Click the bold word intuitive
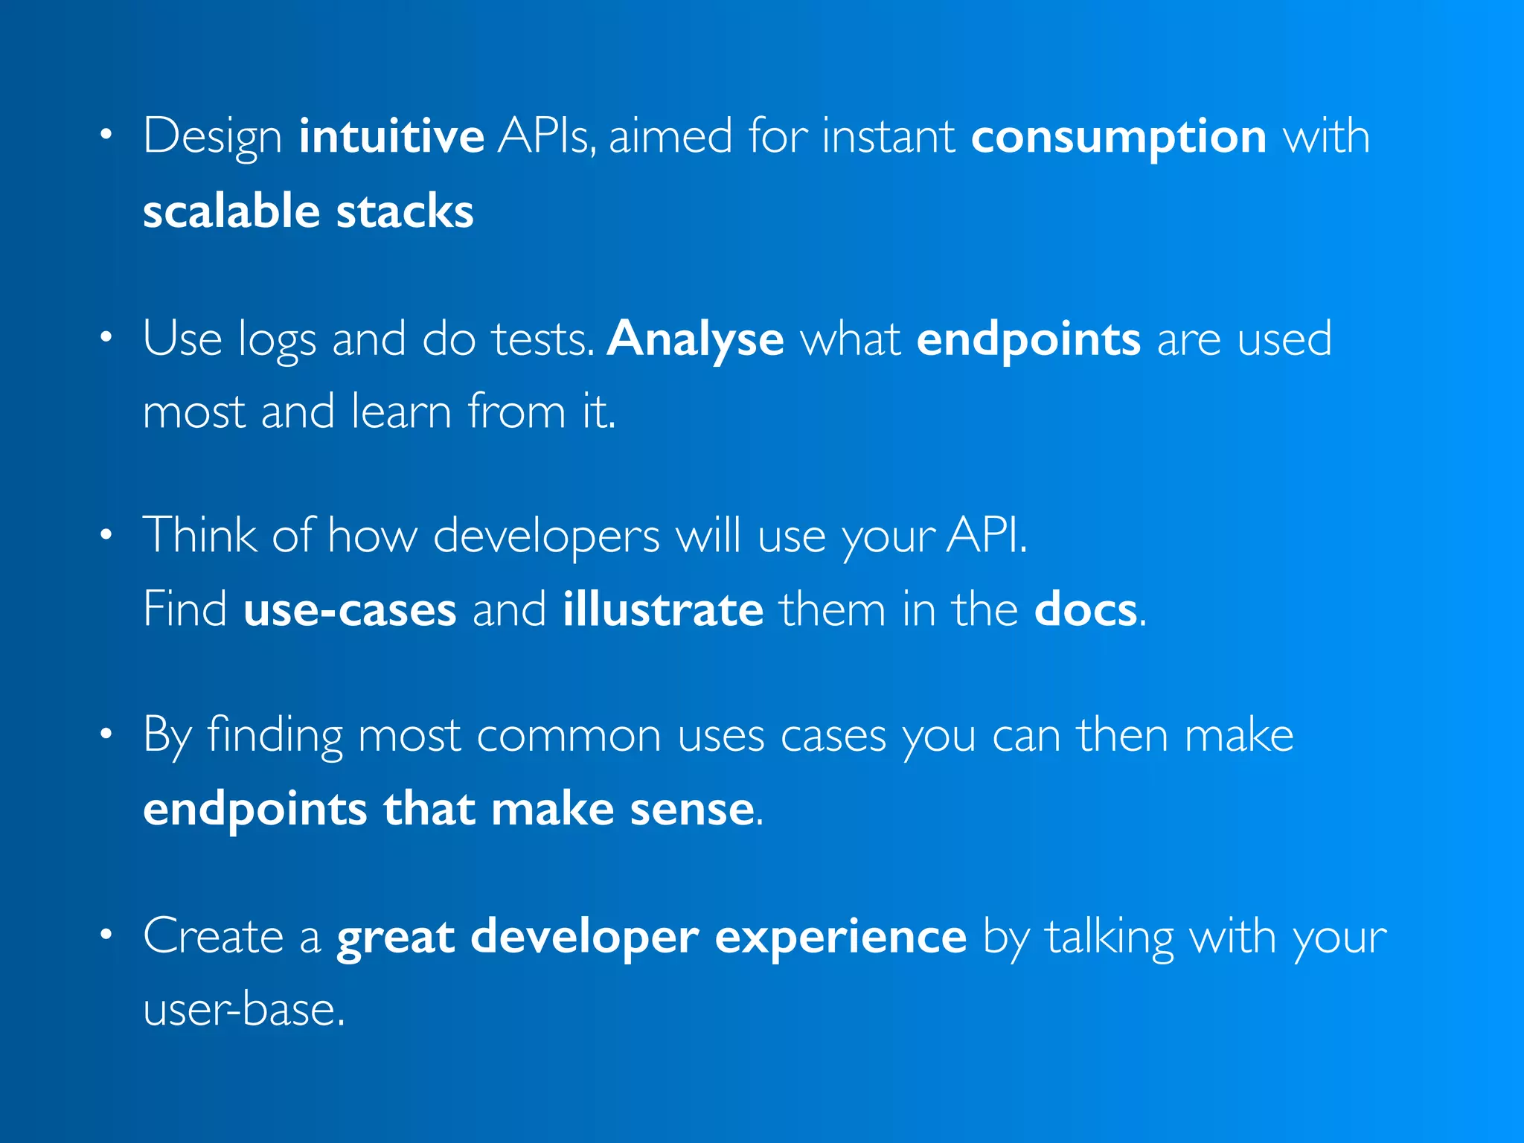pyautogui.click(x=391, y=136)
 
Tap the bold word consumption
pyautogui.click(x=1118, y=138)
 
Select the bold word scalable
pyautogui.click(x=231, y=211)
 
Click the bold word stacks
pyautogui.click(x=405, y=211)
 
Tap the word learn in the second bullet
pyautogui.click(x=401, y=412)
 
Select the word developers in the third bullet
pyautogui.click(x=545, y=536)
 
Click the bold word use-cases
pyautogui.click(x=350, y=609)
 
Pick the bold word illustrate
pyautogui.click(x=663, y=609)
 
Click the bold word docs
pyautogui.click(x=1086, y=609)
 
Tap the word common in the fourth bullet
pyautogui.click(x=569, y=736)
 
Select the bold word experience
pyautogui.click(x=840, y=937)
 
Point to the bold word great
pyautogui.click(x=395, y=937)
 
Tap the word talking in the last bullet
pyautogui.click(x=1110, y=937)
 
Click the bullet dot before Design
pyautogui.click(x=106, y=135)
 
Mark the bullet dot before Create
pyautogui.click(x=106, y=934)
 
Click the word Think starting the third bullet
pyautogui.click(x=199, y=534)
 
